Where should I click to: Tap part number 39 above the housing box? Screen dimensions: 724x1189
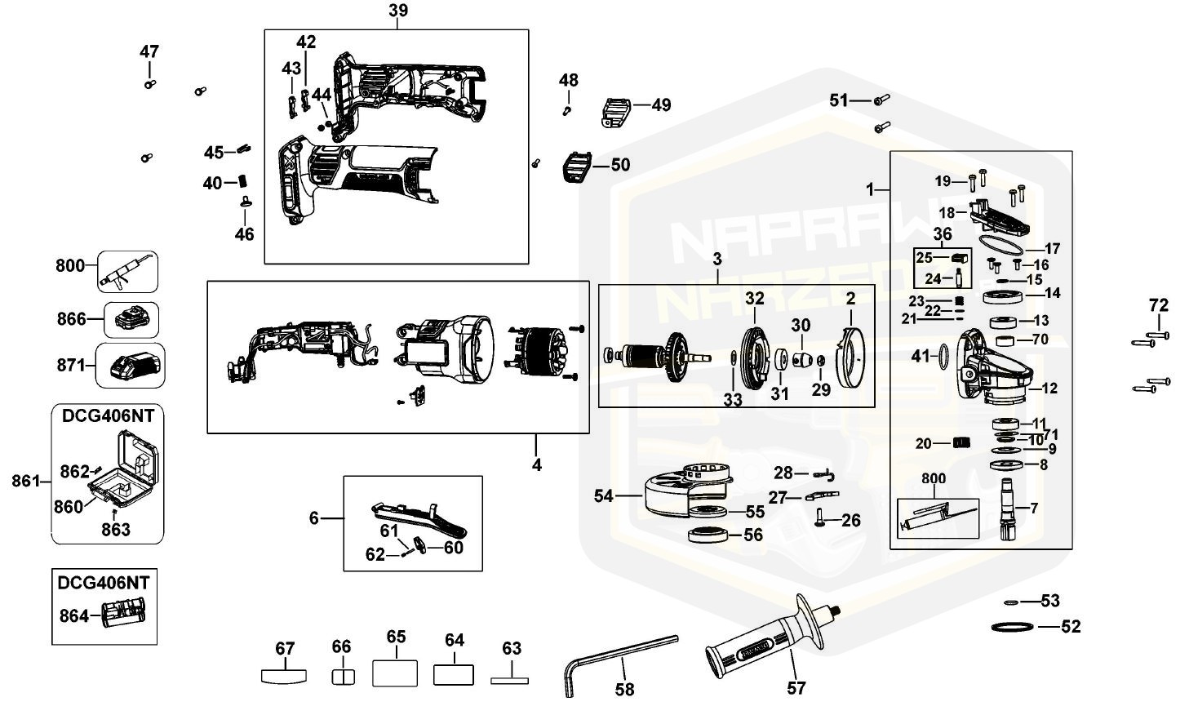[x=398, y=11]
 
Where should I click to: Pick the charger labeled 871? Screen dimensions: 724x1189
[x=131, y=366]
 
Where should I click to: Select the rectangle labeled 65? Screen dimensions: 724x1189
[x=395, y=673]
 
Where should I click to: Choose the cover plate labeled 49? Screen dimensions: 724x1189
[x=617, y=112]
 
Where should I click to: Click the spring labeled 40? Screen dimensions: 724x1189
[x=243, y=182]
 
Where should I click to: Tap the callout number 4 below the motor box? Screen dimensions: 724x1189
[x=536, y=465]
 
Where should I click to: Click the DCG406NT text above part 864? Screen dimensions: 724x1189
[x=104, y=583]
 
